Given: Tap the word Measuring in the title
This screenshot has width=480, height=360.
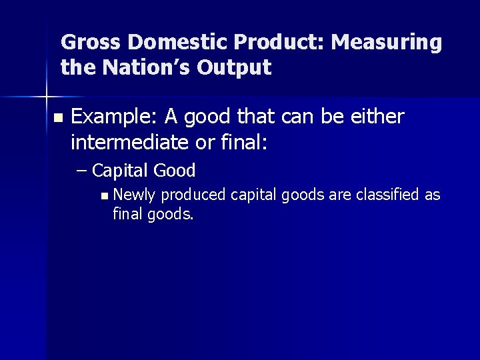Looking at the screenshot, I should tap(387, 43).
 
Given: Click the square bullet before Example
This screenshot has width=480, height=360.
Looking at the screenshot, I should tap(57, 118).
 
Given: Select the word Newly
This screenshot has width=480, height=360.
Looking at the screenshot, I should tap(135, 195).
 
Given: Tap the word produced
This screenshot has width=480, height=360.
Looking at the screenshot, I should tap(193, 195).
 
